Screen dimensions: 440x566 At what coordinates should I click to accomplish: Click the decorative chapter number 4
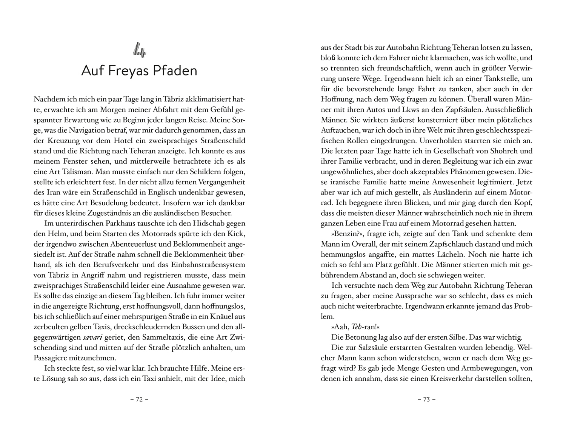tap(139, 50)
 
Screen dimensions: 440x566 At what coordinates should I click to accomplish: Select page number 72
tap(139, 400)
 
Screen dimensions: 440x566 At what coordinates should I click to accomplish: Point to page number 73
tap(426, 400)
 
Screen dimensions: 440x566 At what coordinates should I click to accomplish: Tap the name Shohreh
tap(518, 151)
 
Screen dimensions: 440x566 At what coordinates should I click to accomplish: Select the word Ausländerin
tap(425, 192)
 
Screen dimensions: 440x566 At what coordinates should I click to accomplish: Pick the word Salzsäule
tap(382, 347)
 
